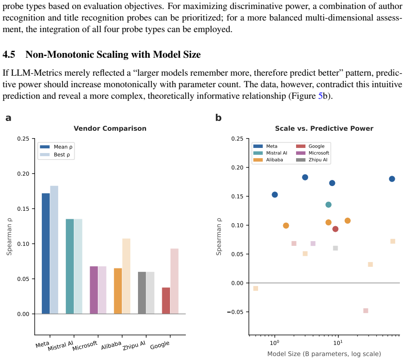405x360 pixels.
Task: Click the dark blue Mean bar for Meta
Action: pos(46,254)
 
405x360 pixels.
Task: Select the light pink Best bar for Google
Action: pos(174,281)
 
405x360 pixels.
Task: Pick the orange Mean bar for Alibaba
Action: pos(118,291)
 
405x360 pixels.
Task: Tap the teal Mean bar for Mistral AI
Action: pos(70,266)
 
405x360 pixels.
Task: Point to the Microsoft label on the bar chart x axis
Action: pos(85,346)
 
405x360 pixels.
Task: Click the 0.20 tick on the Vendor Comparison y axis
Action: pos(23,174)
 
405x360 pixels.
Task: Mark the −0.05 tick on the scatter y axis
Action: pos(235,312)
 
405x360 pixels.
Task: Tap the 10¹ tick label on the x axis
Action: pos(337,343)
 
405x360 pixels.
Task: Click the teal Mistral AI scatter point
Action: pos(328,205)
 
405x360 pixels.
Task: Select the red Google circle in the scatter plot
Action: pos(335,229)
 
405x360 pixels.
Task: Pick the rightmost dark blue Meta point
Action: pos(392,179)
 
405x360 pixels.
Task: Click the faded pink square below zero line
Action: pos(365,311)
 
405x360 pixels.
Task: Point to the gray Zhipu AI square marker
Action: pos(335,248)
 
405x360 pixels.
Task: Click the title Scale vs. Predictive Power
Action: pos(324,128)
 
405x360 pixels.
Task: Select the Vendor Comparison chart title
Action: pos(110,128)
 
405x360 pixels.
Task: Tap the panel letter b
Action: pos(218,118)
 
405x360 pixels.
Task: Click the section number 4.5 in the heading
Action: pos(9,55)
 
